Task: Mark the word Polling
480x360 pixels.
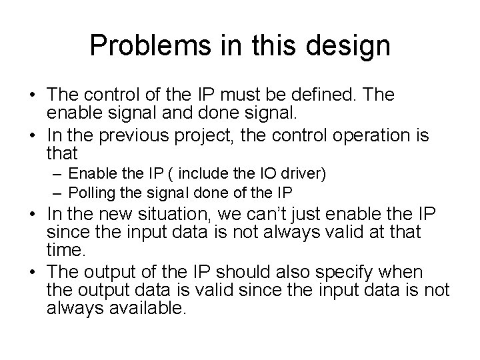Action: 91,193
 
